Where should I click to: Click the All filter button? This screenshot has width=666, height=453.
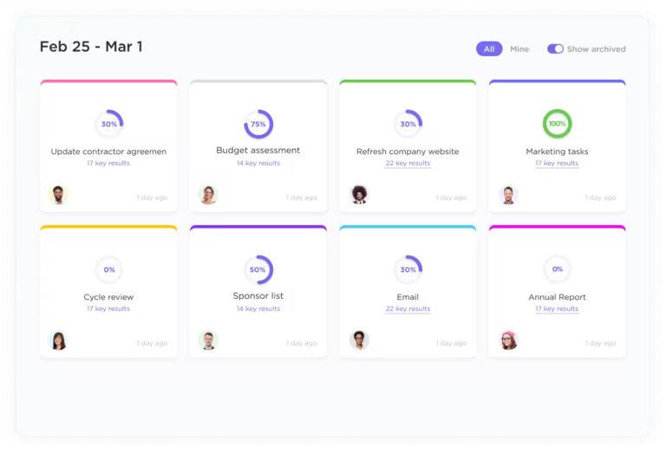[489, 49]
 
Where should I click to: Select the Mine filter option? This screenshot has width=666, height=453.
[519, 49]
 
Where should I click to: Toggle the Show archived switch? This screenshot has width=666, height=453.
[555, 49]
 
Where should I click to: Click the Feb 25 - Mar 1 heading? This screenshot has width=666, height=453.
[91, 47]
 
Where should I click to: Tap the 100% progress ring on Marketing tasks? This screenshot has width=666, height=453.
[557, 124]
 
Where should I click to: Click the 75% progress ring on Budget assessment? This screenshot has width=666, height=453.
[258, 124]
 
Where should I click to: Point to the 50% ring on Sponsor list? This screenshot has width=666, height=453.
[258, 269]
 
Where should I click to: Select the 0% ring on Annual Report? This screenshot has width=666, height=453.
[557, 269]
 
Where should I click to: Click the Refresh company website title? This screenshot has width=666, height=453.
[408, 152]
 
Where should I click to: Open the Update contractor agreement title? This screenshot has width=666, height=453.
[108, 152]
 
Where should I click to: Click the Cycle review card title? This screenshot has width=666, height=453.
[108, 297]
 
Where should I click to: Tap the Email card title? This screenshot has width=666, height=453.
[408, 297]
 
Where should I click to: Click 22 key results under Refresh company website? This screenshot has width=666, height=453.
[408, 163]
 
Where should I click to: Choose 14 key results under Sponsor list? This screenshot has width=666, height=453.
[258, 308]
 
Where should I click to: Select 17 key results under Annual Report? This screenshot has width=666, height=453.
[557, 308]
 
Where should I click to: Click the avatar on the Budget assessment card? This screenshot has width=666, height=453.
[208, 195]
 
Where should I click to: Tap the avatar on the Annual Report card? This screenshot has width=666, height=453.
[509, 340]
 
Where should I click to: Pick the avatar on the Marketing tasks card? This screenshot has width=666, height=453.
[509, 195]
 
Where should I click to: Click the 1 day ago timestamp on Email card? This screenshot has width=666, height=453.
[451, 343]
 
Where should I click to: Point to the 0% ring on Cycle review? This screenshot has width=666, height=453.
[109, 269]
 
